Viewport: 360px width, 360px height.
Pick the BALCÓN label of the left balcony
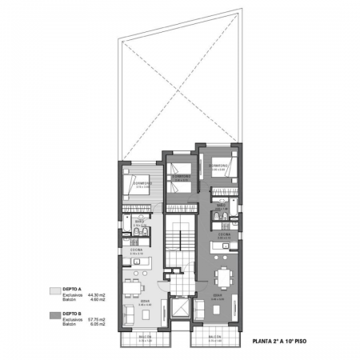[x=141, y=338]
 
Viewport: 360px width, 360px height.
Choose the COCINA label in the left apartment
[x=138, y=250]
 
